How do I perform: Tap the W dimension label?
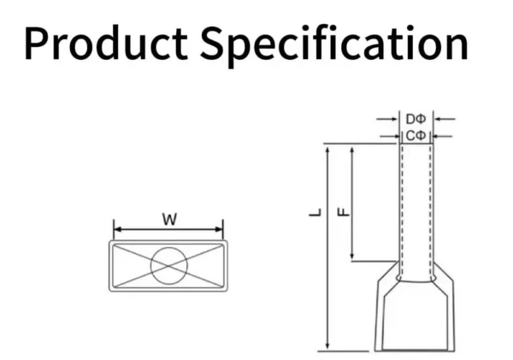click(x=169, y=220)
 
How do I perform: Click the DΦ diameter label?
click(x=416, y=119)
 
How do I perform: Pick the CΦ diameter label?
click(x=416, y=135)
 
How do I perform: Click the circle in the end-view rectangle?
click(x=169, y=266)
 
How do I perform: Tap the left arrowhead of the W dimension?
click(x=117, y=229)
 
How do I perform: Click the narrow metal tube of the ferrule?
click(x=416, y=205)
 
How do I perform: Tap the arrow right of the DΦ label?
click(x=445, y=119)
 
